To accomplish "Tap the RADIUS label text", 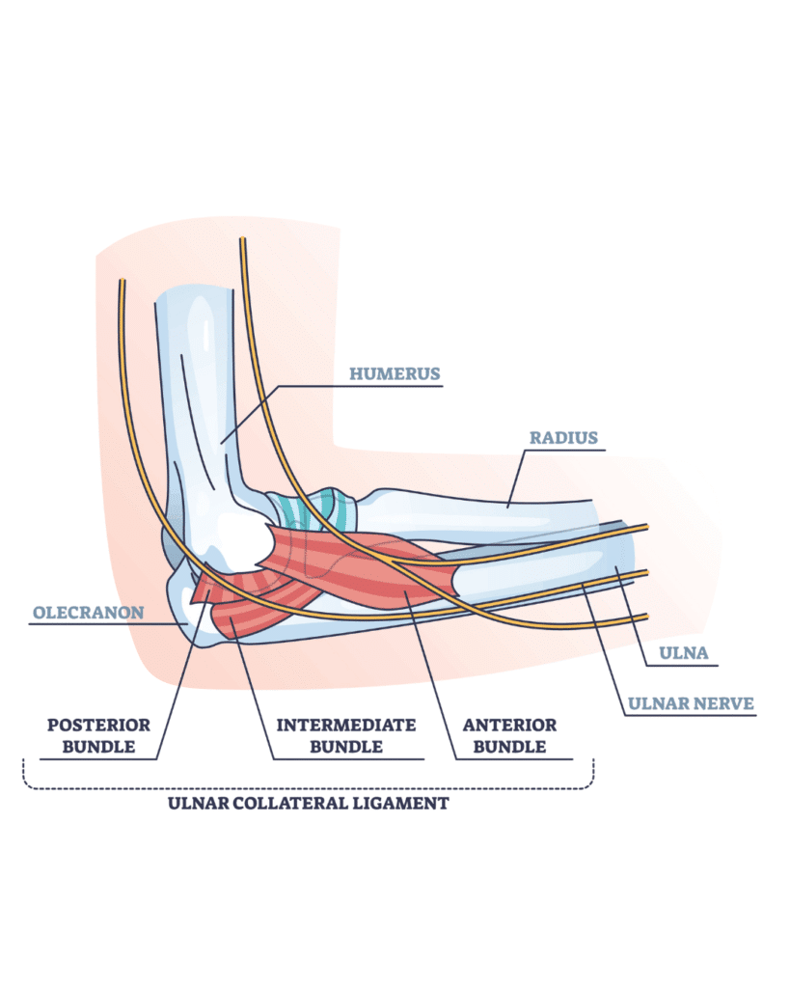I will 563,437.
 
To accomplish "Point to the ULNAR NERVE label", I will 691,702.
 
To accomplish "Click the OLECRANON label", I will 88,612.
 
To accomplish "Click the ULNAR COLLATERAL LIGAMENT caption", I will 309,803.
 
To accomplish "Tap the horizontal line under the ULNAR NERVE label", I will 691,716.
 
